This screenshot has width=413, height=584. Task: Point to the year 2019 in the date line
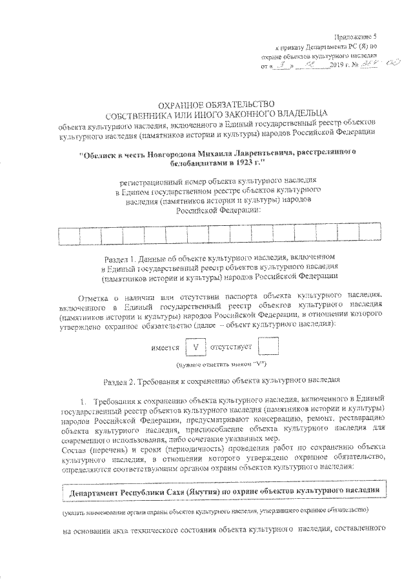tap(337, 66)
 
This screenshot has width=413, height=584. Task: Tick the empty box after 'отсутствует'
tap(268, 347)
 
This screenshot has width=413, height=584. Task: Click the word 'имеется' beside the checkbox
tap(165, 348)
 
